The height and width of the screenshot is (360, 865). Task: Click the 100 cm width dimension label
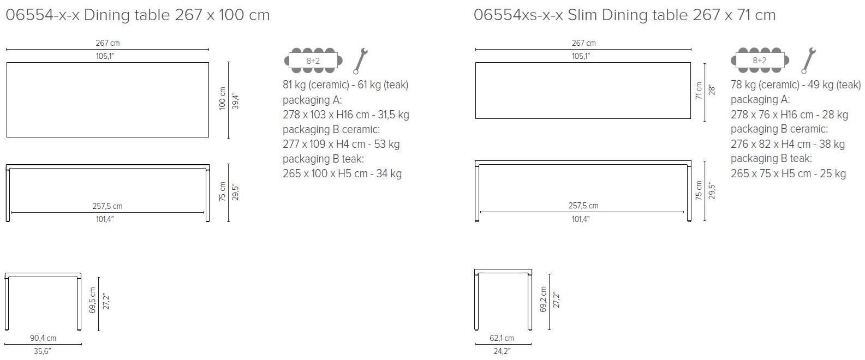(x=222, y=99)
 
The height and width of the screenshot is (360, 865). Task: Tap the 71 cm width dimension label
(x=699, y=91)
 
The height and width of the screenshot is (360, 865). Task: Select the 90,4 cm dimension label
(x=43, y=338)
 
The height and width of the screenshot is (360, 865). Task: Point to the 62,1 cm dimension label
(x=501, y=338)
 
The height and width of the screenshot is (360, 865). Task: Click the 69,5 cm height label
(x=92, y=300)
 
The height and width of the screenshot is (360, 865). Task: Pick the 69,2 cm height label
(x=543, y=299)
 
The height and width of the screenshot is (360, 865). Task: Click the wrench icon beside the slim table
(x=808, y=60)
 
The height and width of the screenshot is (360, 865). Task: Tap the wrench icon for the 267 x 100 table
(x=361, y=61)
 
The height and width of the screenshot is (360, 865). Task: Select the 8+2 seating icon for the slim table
(x=759, y=61)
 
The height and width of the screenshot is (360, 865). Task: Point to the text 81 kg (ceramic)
(x=315, y=85)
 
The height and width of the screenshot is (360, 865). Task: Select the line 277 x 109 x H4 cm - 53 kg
(x=341, y=144)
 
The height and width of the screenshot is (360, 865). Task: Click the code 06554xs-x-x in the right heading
(x=518, y=15)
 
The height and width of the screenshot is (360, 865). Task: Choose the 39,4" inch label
(x=236, y=101)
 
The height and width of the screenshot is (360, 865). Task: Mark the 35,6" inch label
(x=42, y=351)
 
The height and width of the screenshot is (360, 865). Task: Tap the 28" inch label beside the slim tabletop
(x=711, y=91)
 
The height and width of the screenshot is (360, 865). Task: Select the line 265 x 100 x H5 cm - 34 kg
(x=342, y=173)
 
